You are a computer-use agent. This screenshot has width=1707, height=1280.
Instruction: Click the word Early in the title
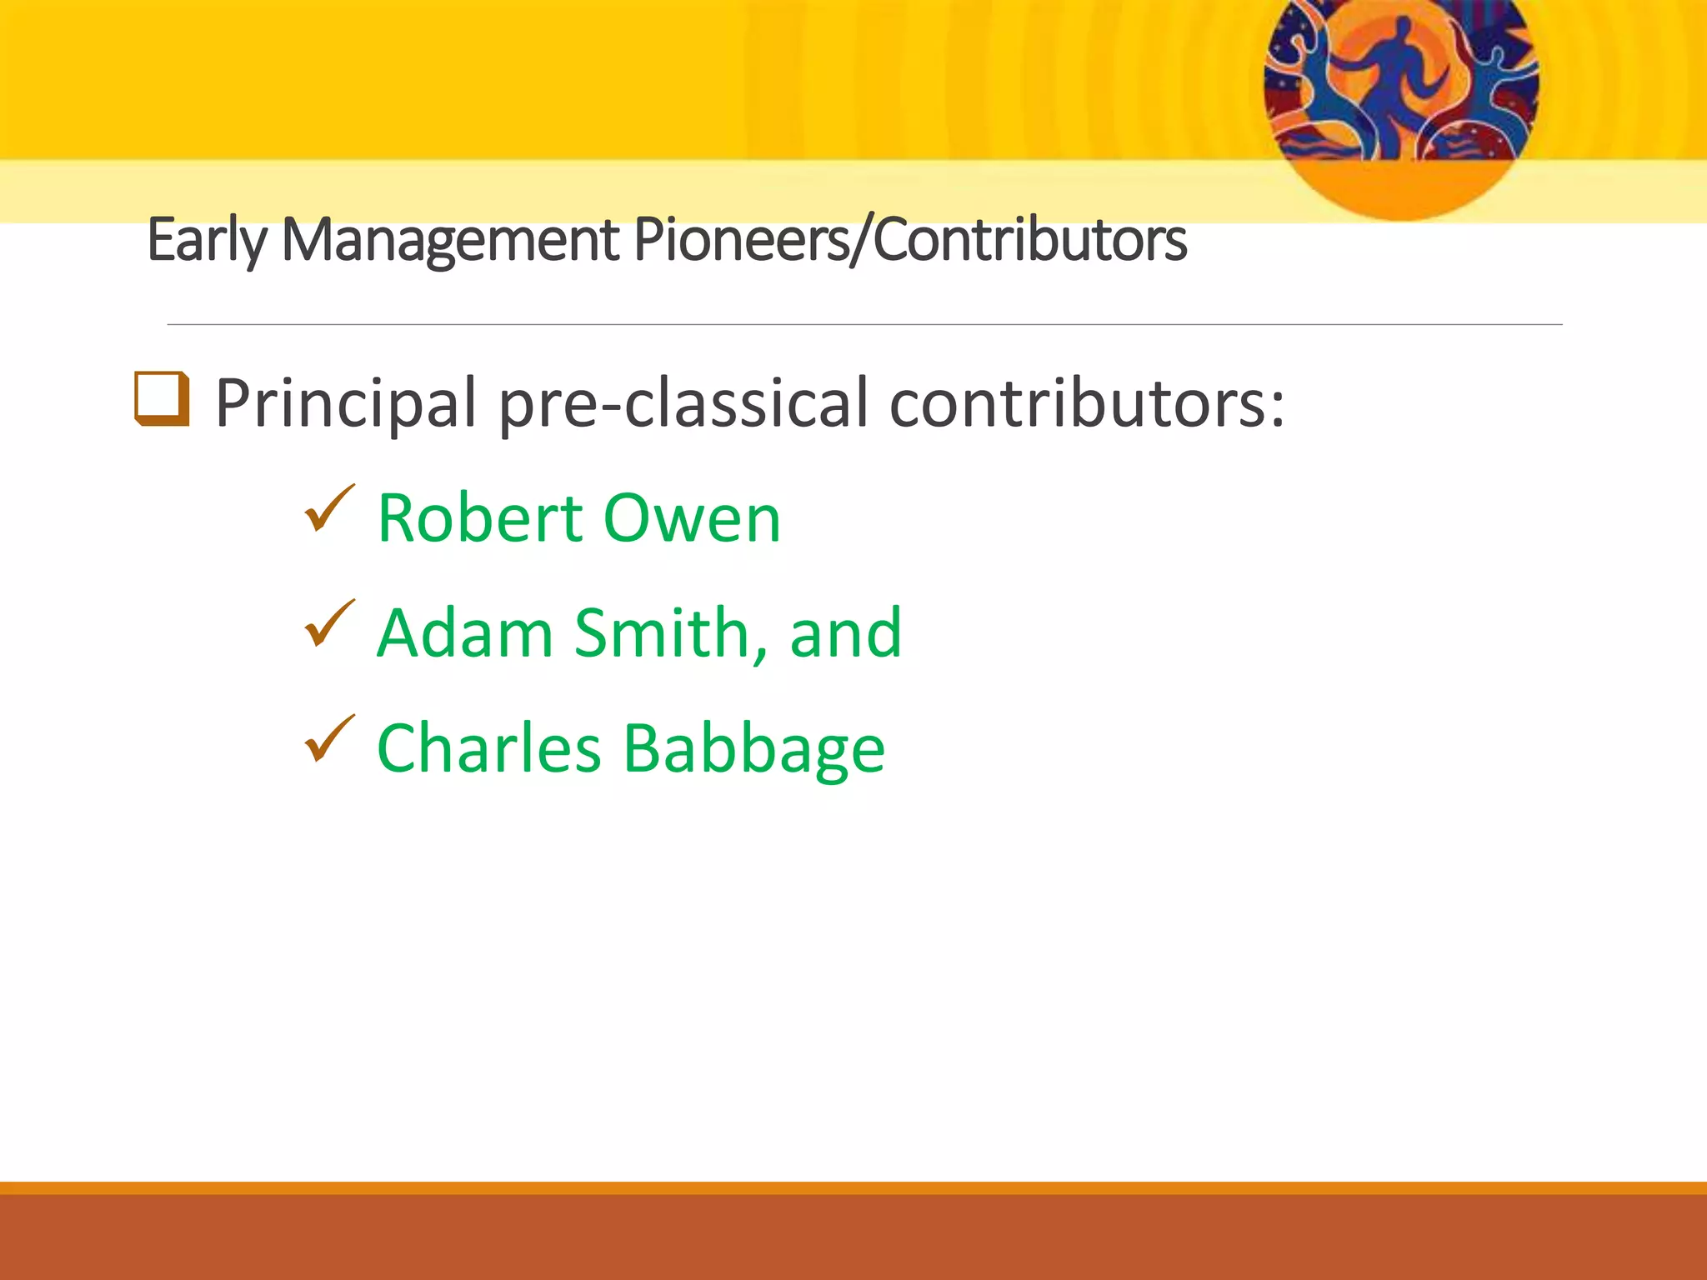click(207, 241)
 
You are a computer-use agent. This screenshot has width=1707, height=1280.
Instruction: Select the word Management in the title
click(450, 241)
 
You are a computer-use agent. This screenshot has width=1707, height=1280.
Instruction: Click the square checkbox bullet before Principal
click(162, 399)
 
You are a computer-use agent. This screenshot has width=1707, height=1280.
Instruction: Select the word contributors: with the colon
click(1087, 403)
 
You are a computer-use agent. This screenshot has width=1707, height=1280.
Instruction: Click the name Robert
click(479, 518)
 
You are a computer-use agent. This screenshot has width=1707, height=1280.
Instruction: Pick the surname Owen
click(691, 518)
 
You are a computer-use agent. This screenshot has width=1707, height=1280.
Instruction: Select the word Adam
click(465, 633)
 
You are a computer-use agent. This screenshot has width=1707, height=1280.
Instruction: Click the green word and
click(845, 633)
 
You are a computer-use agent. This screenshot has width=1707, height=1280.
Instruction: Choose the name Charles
click(488, 748)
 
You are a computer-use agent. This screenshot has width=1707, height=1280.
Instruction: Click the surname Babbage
click(754, 748)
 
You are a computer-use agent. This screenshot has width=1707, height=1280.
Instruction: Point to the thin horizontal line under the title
click(864, 324)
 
